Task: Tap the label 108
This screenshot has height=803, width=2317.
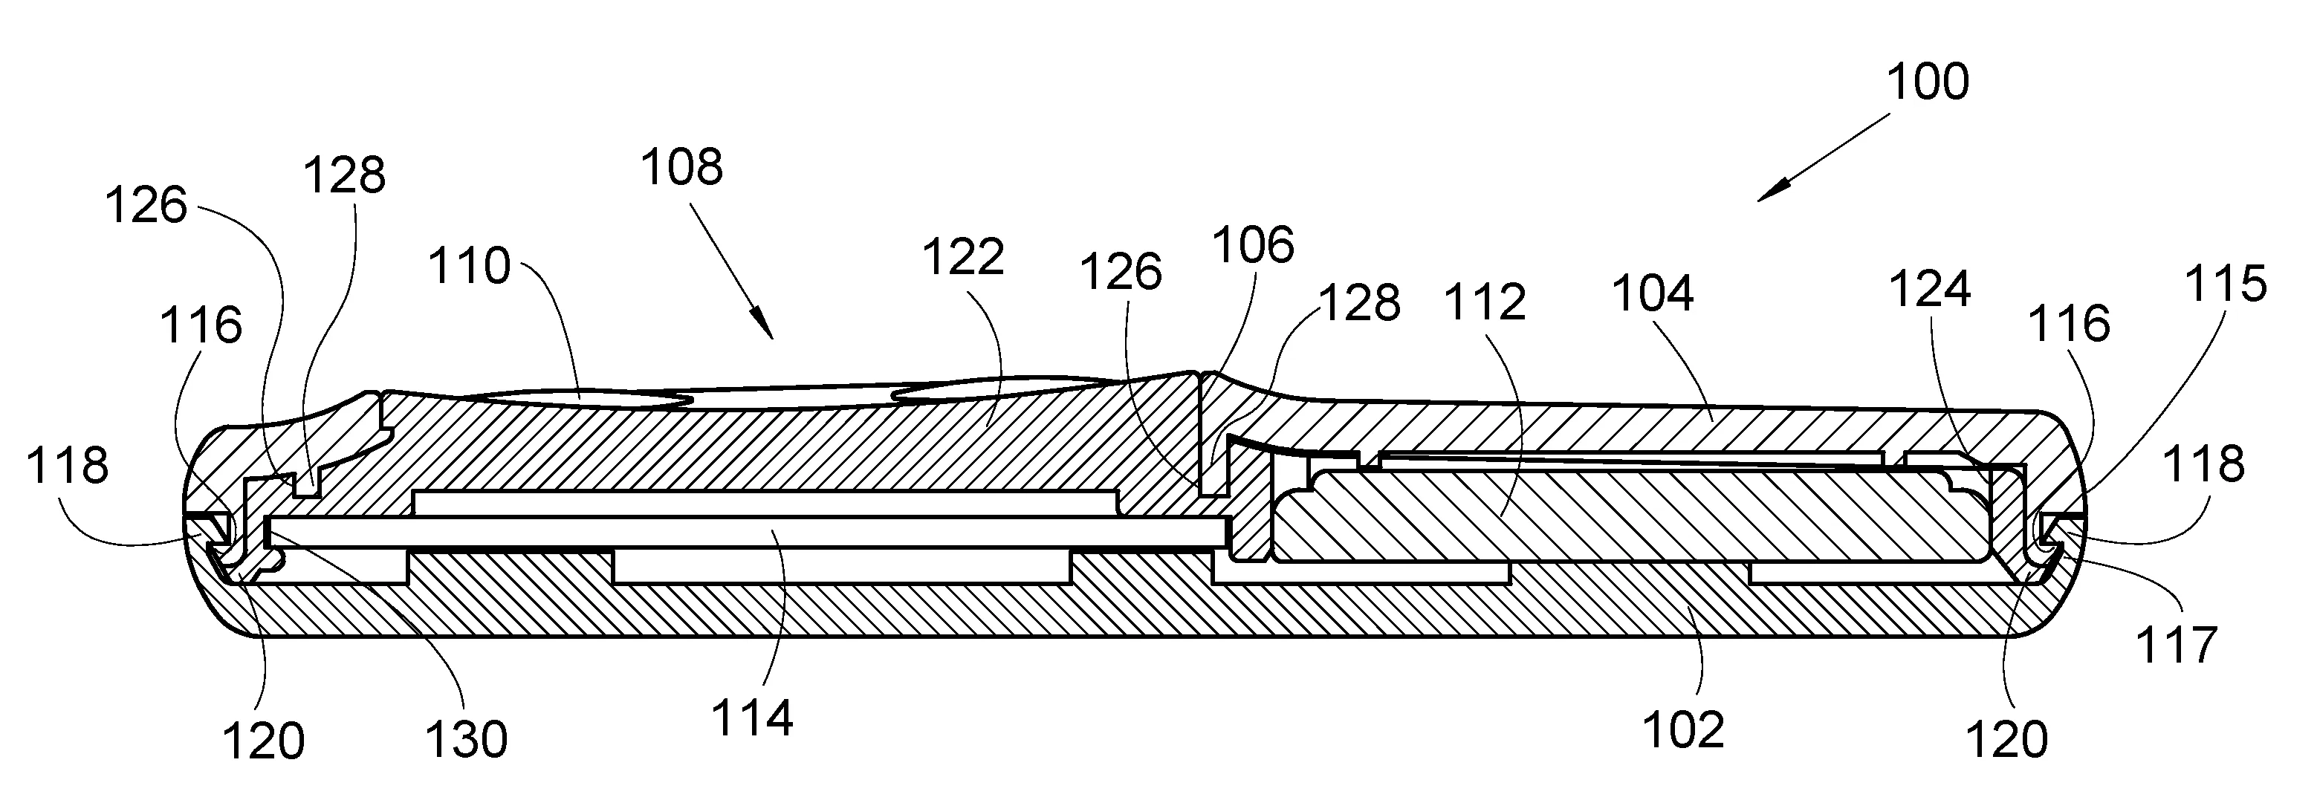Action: click(x=681, y=167)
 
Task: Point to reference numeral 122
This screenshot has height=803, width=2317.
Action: click(x=962, y=257)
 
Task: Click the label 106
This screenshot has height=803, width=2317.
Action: click(x=1253, y=244)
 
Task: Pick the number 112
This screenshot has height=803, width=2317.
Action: click(x=1485, y=302)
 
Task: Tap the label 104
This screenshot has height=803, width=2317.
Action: click(x=1653, y=294)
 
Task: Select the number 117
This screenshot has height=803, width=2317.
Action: click(x=2177, y=646)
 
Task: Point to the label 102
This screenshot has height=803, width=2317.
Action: click(x=1684, y=729)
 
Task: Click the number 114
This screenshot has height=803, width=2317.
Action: click(x=752, y=718)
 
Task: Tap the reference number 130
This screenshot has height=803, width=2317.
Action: click(x=467, y=739)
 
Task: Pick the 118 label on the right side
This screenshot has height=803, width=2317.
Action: click(x=2203, y=465)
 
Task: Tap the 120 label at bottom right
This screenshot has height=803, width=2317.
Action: click(x=2006, y=740)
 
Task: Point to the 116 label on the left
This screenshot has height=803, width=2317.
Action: click(x=201, y=325)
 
